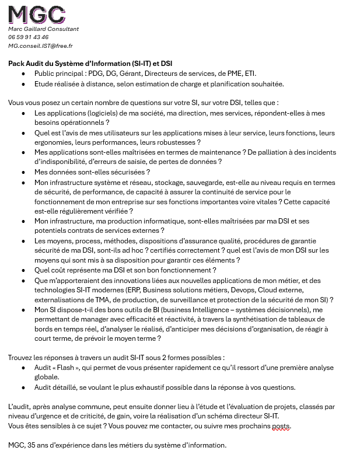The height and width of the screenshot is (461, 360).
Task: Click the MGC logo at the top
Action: click(x=36, y=13)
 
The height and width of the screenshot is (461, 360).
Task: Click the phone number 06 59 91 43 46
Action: click(x=28, y=37)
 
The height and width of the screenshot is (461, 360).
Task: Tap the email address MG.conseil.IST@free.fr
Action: click(x=40, y=45)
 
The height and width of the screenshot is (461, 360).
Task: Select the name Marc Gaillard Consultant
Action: click(x=43, y=29)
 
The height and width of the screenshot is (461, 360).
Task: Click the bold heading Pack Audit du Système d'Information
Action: click(x=90, y=63)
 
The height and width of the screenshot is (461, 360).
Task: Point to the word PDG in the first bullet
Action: click(x=96, y=74)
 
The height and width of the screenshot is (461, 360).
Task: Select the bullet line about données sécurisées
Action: click(x=92, y=172)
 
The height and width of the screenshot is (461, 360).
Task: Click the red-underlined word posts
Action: click(x=281, y=425)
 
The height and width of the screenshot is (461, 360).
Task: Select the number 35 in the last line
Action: click(x=32, y=445)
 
